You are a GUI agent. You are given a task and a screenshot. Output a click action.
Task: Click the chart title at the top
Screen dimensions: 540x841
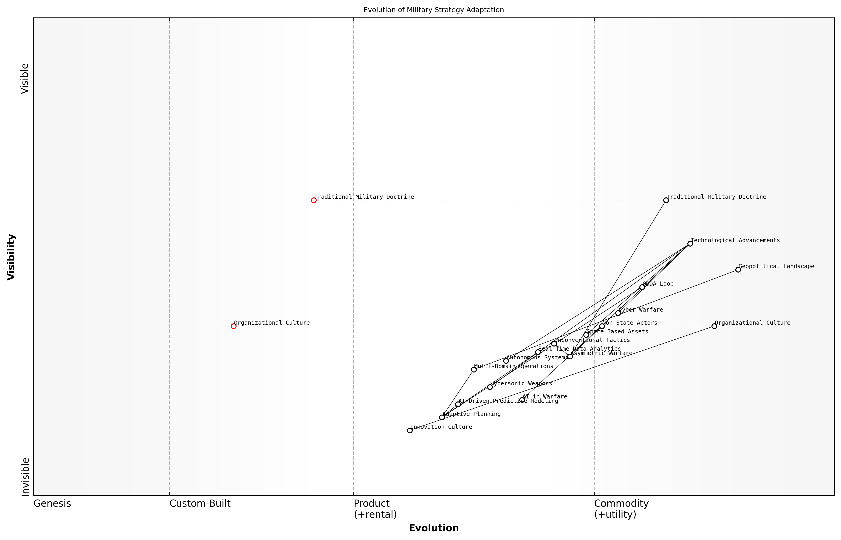(x=433, y=10)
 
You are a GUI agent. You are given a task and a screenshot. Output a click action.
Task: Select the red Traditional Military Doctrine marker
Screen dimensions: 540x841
(x=314, y=200)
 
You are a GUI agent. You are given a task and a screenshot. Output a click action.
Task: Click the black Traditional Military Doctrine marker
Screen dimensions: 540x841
(x=666, y=200)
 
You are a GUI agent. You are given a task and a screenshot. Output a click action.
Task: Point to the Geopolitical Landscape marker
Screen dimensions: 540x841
(x=738, y=270)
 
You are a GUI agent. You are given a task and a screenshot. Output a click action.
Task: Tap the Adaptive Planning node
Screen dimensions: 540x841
(x=442, y=417)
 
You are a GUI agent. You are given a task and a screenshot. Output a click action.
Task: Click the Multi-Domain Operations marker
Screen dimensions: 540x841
(x=474, y=369)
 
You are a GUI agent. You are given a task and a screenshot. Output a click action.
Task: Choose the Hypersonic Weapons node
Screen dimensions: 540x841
(x=490, y=387)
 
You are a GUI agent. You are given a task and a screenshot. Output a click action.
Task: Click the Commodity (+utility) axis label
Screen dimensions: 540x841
(x=621, y=509)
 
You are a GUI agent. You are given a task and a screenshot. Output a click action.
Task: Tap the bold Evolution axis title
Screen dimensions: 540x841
(x=433, y=528)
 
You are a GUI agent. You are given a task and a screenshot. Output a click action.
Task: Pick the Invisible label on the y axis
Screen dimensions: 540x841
(x=25, y=477)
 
